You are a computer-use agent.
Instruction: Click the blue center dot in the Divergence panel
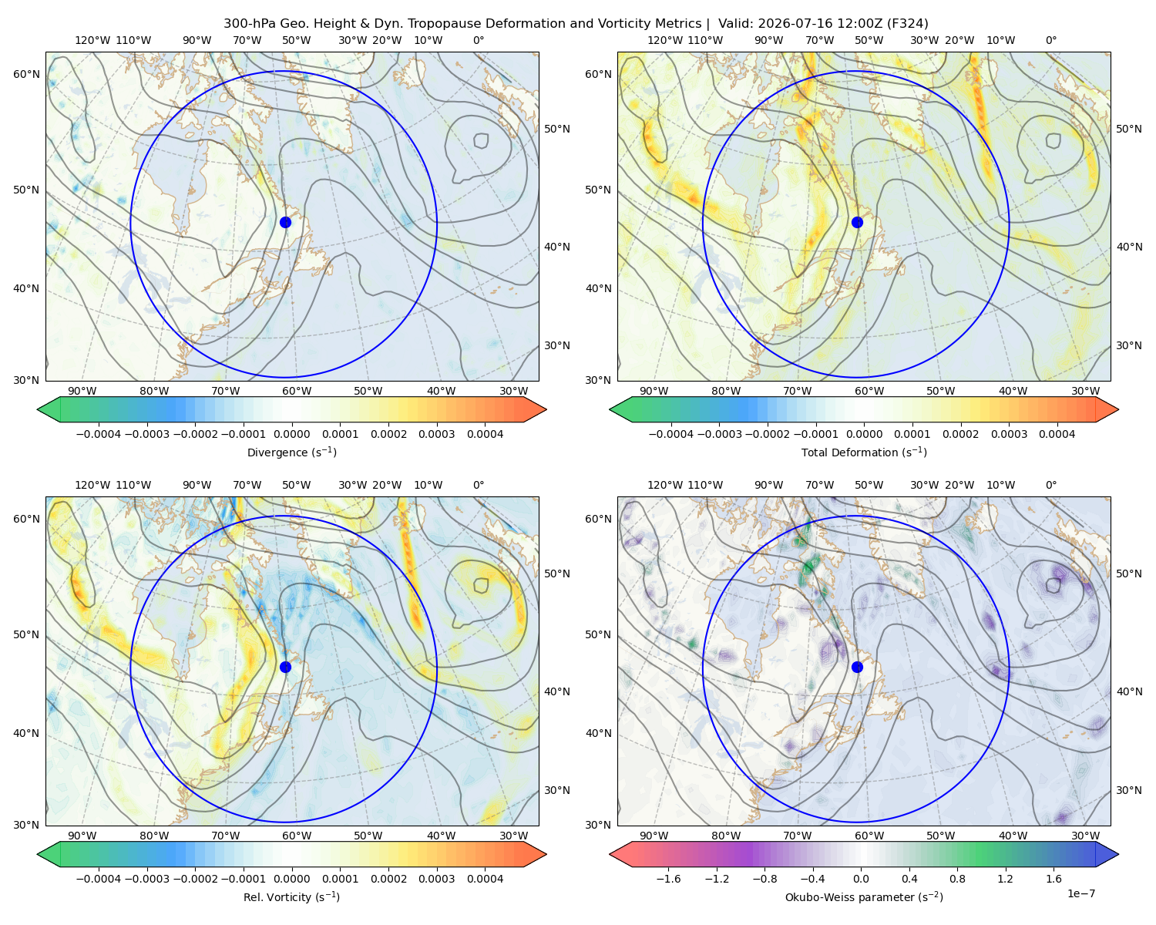point(285,223)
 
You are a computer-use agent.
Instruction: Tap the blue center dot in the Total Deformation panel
point(857,223)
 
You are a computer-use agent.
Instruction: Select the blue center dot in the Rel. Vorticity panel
point(285,667)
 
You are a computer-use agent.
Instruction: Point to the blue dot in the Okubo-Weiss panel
point(857,667)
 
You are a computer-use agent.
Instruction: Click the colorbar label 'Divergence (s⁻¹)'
point(291,452)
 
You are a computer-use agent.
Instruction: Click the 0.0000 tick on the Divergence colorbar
point(291,434)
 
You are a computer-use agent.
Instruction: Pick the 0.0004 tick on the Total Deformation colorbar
point(1057,434)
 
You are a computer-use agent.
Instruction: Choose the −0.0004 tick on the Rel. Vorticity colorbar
point(99,879)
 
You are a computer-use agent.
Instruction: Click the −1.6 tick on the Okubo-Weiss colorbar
point(668,879)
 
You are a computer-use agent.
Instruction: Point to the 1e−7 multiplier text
point(1080,893)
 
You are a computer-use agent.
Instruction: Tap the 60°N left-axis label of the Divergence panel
point(26,74)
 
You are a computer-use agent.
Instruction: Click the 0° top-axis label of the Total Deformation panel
point(1050,40)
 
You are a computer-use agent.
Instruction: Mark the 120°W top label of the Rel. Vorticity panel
point(92,485)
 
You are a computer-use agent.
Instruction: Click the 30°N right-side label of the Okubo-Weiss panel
point(1129,790)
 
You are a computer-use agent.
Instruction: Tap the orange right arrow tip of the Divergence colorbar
point(546,409)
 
